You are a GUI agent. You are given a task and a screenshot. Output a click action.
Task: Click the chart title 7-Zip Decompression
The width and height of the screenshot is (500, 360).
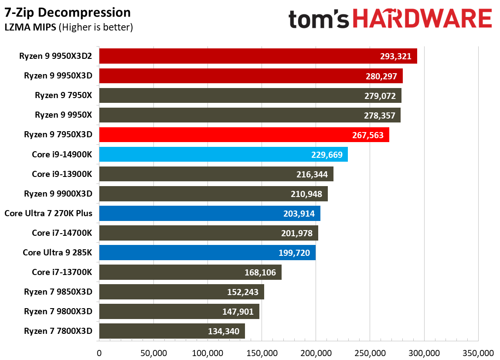[68, 13]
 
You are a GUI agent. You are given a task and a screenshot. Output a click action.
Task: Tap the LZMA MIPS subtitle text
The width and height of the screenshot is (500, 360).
[30, 27]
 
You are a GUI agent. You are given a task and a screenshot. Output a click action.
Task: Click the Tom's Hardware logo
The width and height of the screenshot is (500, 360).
[390, 18]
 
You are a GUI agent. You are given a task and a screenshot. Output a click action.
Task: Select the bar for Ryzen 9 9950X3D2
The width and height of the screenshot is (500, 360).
[258, 56]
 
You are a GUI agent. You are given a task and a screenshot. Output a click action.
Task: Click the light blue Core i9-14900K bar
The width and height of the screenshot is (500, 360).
[223, 154]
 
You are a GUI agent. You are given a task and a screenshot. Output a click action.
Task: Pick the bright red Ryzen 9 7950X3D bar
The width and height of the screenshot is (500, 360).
[244, 135]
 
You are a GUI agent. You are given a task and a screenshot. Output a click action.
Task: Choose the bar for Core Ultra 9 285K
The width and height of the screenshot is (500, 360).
[207, 252]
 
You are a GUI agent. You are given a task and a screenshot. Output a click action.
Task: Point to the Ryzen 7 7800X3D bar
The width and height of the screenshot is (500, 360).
[172, 331]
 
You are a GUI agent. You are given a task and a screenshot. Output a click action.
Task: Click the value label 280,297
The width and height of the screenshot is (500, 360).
[381, 76]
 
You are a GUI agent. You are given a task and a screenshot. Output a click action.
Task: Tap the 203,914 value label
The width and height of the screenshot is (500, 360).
[299, 214]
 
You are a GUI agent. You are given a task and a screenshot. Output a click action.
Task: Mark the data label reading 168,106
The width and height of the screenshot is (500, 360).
[260, 272]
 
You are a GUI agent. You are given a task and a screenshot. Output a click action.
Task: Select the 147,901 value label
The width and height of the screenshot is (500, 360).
[238, 312]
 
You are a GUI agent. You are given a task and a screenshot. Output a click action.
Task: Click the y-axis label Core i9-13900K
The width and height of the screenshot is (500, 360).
[62, 174]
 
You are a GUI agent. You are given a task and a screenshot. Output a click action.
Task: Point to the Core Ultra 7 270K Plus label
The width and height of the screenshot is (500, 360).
[48, 213]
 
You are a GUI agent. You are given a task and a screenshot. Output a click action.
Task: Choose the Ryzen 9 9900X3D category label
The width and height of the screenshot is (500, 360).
[58, 194]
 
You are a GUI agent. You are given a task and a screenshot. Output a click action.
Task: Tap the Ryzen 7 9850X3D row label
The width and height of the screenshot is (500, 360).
[58, 292]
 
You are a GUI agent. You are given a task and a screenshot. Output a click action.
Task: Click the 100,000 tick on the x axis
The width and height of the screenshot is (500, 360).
[207, 353]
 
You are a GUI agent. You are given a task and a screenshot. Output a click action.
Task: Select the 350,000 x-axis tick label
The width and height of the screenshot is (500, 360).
[478, 353]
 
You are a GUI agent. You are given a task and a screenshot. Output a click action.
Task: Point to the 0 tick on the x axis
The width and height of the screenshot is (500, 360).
[99, 353]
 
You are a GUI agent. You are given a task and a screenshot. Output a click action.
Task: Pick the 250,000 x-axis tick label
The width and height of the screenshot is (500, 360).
[370, 353]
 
